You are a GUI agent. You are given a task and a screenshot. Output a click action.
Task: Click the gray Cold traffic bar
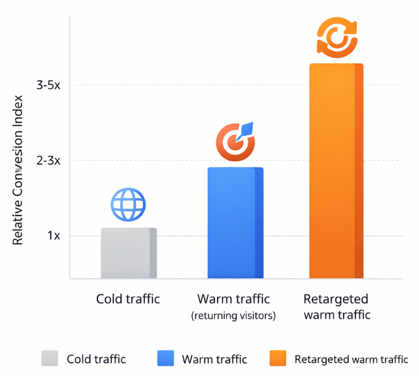[128, 253]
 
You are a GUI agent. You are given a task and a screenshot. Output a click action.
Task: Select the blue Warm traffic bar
[235, 223]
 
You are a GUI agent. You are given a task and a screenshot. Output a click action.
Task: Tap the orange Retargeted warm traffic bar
[336, 171]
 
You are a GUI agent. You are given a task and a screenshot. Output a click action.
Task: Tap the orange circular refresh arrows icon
[336, 38]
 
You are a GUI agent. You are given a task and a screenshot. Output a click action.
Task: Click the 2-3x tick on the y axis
[49, 161]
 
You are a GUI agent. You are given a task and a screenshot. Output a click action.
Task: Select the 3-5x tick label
[49, 85]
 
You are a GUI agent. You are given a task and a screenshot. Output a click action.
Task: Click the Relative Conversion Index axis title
[18, 169]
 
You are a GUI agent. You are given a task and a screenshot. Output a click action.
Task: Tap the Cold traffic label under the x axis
[128, 300]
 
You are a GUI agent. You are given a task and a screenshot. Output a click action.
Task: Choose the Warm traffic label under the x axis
[234, 300]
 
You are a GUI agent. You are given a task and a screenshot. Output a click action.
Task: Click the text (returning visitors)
[234, 316]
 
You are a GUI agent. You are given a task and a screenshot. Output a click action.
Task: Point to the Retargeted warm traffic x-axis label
[336, 307]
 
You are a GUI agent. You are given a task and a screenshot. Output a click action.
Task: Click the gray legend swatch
[50, 359]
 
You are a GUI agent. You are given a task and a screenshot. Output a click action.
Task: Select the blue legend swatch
[166, 359]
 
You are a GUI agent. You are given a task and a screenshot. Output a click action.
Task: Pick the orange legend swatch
[278, 359]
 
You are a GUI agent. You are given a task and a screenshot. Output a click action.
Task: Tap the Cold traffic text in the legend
[96, 359]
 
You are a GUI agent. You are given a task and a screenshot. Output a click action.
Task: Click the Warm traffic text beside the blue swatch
[214, 359]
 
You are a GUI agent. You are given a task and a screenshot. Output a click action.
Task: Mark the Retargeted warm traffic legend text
[351, 359]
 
